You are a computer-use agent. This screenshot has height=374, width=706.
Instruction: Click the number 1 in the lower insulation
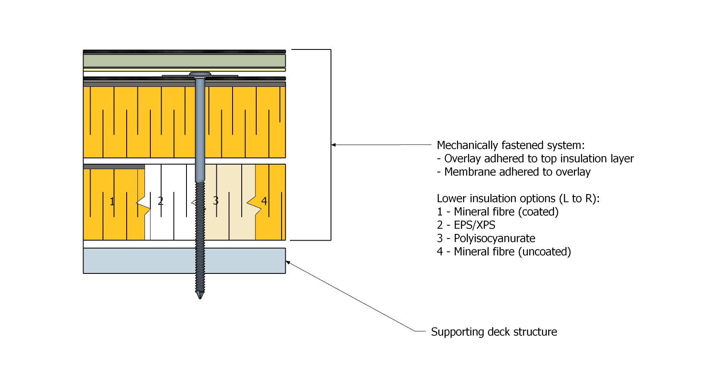112,202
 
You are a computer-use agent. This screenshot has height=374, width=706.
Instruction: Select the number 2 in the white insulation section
161,201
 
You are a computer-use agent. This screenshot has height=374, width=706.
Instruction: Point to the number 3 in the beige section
216,201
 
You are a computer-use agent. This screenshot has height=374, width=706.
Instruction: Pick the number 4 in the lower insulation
264,201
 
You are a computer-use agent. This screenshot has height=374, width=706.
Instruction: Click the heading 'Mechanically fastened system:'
510,145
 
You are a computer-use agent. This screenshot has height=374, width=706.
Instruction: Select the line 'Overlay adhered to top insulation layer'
539,158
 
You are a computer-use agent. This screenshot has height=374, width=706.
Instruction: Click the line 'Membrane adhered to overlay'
517,172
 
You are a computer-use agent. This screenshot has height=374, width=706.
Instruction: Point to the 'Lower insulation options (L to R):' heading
518,198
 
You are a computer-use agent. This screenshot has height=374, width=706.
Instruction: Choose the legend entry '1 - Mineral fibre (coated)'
498,212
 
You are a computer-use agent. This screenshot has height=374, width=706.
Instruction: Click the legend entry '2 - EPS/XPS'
466,225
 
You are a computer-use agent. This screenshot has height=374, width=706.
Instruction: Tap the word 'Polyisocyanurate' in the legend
494,238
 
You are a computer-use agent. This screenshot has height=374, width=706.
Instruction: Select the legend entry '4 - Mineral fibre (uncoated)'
504,251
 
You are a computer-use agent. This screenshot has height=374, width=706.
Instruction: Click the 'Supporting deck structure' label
494,332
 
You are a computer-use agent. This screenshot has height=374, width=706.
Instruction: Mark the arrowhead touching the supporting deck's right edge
288,262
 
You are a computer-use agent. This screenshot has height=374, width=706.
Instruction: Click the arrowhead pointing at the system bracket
333,145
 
